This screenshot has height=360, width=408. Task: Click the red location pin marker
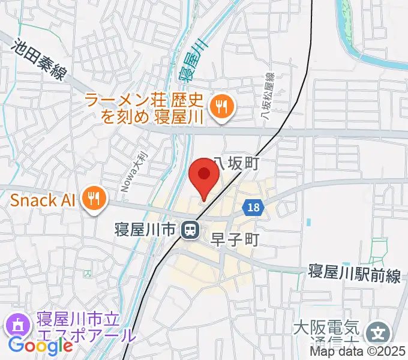(x=203, y=176)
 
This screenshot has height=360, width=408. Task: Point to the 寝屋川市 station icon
(x=190, y=229)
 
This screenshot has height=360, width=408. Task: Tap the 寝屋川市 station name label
(x=146, y=229)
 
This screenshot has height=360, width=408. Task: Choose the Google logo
(x=40, y=346)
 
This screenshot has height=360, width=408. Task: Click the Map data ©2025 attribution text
(x=358, y=352)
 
